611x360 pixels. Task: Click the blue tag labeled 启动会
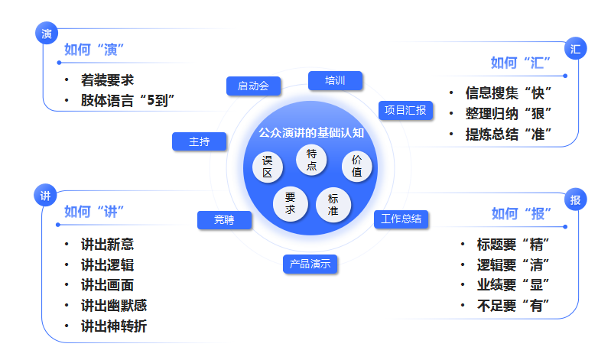(x=253, y=86)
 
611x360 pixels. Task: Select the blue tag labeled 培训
(x=335, y=80)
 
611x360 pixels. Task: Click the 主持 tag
(x=199, y=141)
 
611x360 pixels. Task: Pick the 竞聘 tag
(x=224, y=220)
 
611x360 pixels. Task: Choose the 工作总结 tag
(x=401, y=219)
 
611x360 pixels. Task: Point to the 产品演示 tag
(x=310, y=264)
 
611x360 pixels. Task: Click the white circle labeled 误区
(x=268, y=167)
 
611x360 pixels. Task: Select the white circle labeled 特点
(x=311, y=160)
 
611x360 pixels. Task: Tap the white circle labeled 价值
(x=356, y=166)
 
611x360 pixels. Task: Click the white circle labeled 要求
(x=290, y=203)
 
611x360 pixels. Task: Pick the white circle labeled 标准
(x=333, y=204)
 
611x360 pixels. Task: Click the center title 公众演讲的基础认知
(x=311, y=132)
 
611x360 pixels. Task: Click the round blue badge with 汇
(x=575, y=49)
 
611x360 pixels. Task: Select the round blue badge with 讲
(x=45, y=196)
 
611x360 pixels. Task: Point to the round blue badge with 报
(x=575, y=200)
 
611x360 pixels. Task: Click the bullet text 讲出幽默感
(x=114, y=305)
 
